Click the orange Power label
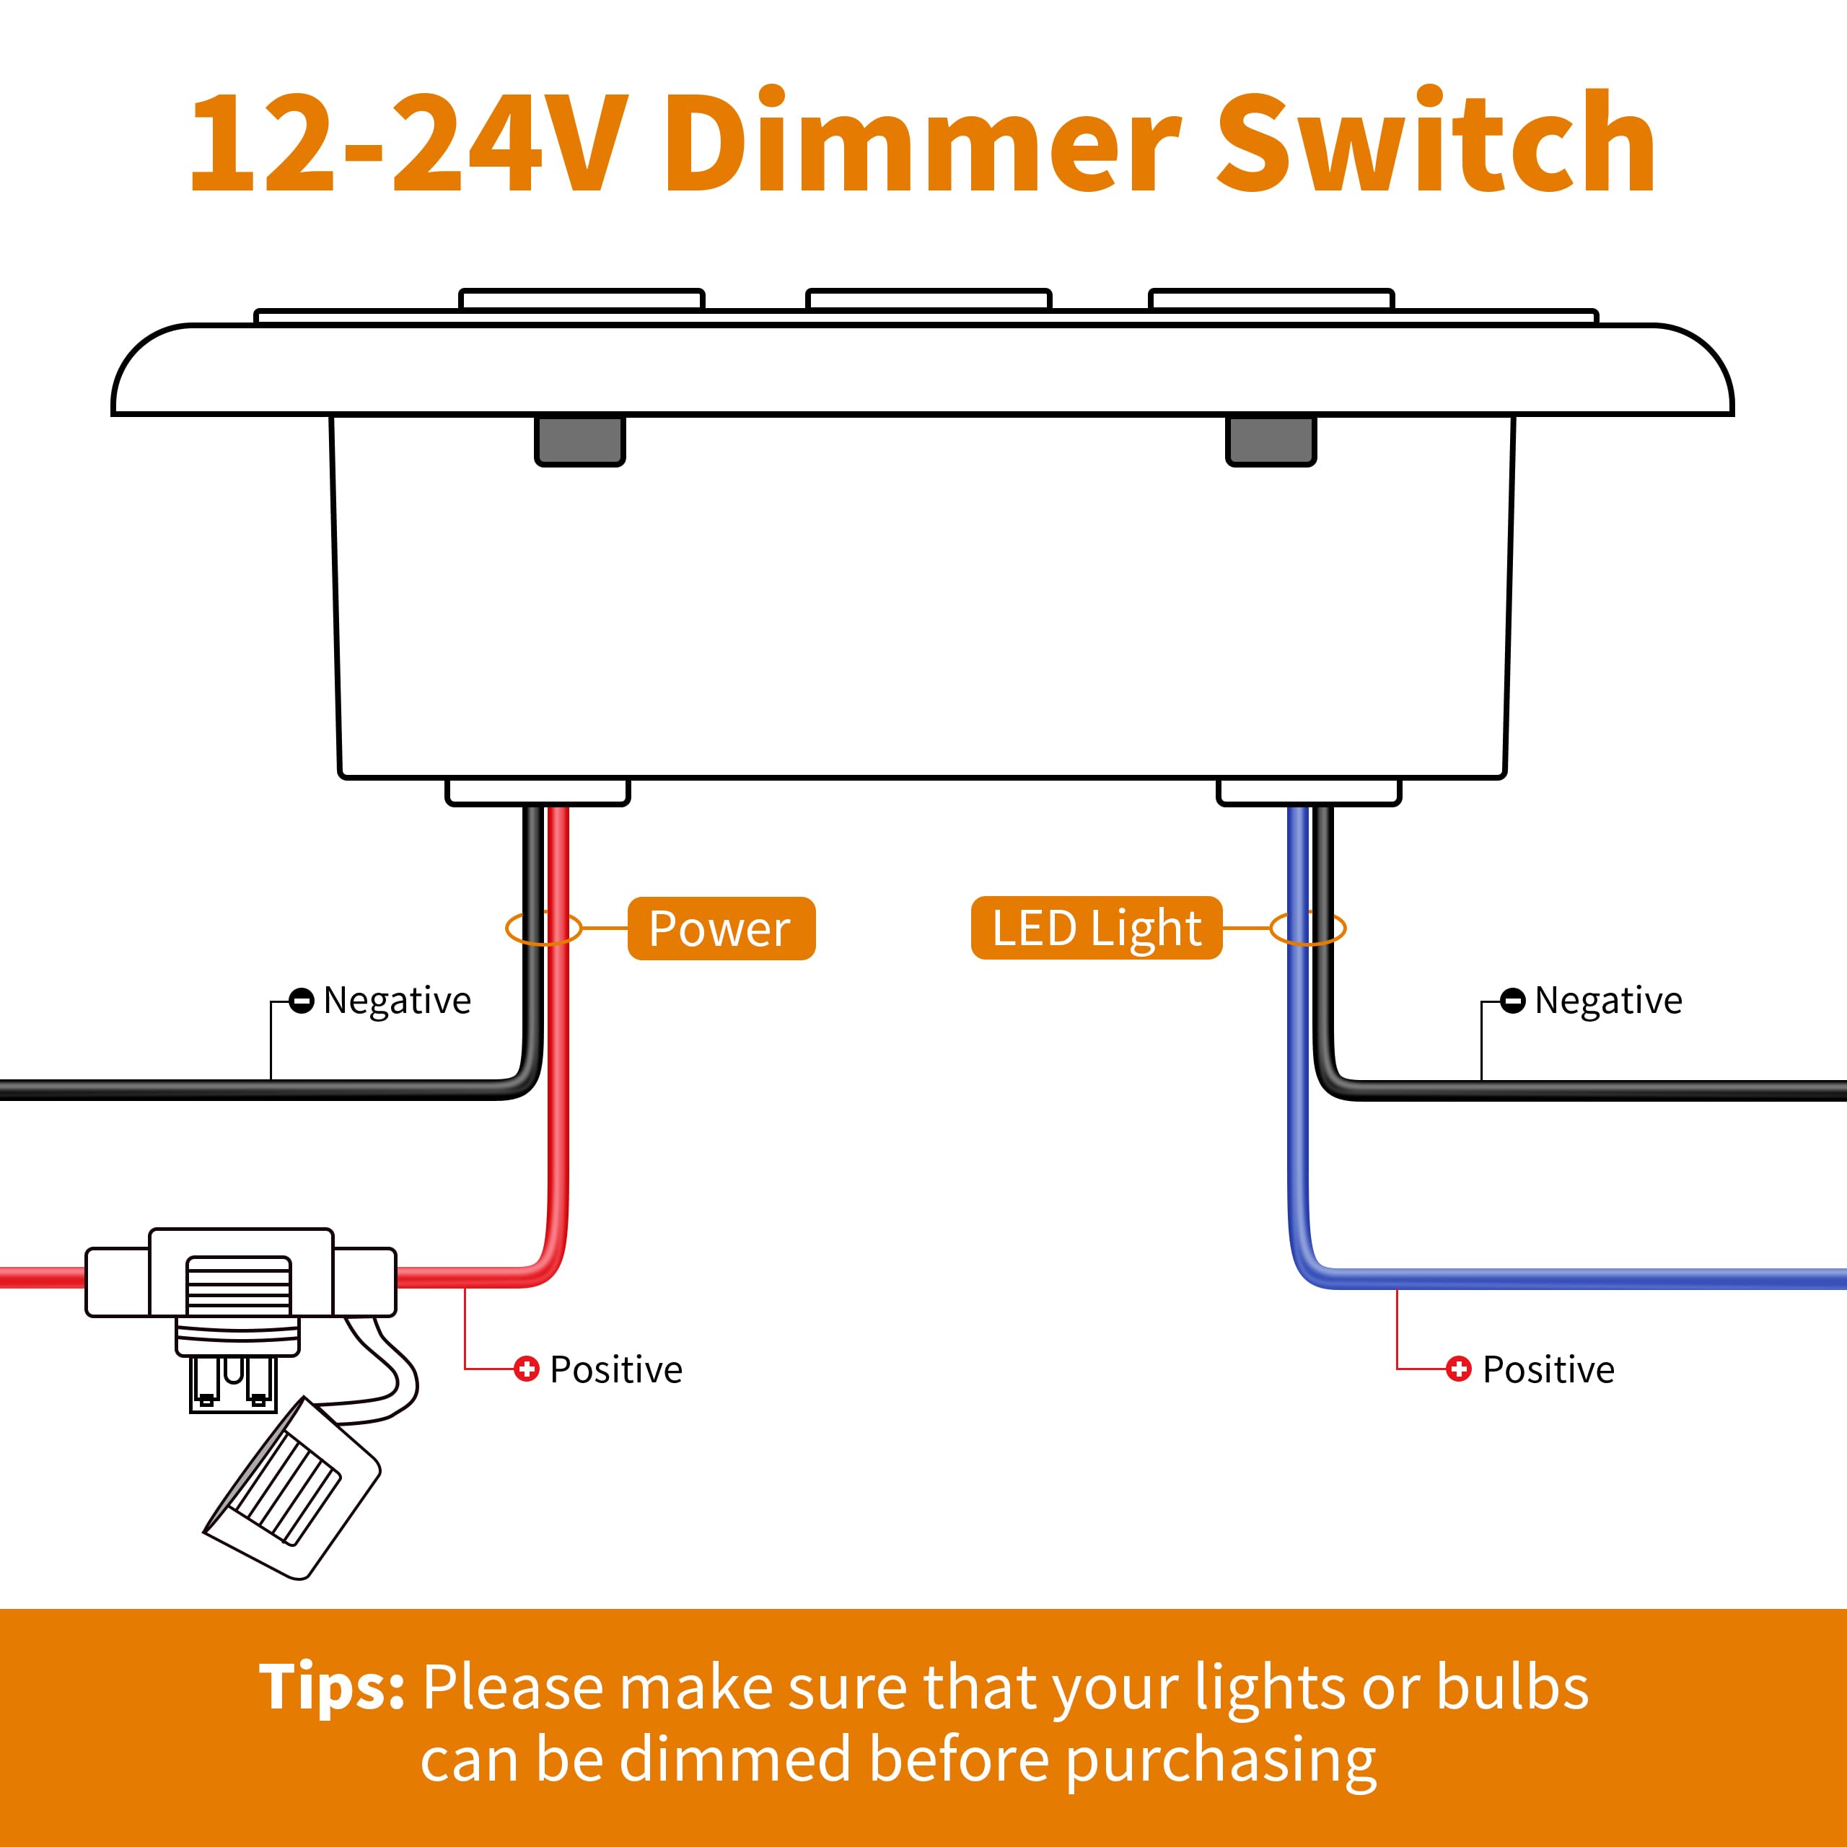(721, 929)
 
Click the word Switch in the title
(1435, 144)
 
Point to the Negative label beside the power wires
(397, 1001)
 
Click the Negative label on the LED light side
(1608, 1001)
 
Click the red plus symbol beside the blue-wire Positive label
(1458, 1369)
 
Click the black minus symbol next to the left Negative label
(301, 1001)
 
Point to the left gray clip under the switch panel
(579, 440)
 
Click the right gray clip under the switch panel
(1271, 440)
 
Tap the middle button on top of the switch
(929, 299)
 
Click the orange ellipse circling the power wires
(543, 929)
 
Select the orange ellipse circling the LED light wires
(1308, 929)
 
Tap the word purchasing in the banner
(1221, 1760)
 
